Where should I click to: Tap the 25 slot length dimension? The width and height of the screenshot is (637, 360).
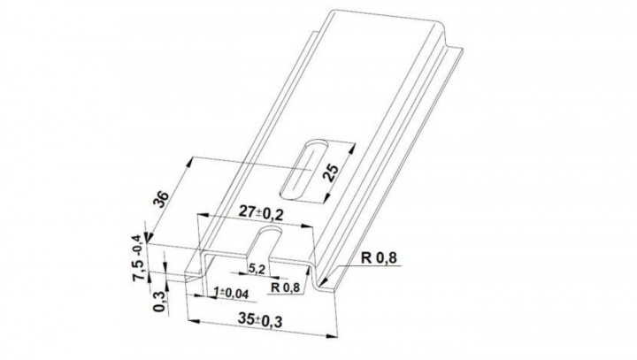coord(331,172)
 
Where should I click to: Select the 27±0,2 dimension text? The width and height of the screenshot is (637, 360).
coord(260,212)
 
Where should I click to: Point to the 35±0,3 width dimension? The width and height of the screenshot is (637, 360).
coord(260,320)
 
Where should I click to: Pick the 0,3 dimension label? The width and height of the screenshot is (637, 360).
coord(160,302)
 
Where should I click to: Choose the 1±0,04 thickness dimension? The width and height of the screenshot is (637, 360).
coord(231,294)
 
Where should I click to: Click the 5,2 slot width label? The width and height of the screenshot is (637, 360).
coord(257,269)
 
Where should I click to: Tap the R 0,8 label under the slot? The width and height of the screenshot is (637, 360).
coord(286,287)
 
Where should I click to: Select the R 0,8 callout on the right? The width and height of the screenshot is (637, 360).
coord(379,257)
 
